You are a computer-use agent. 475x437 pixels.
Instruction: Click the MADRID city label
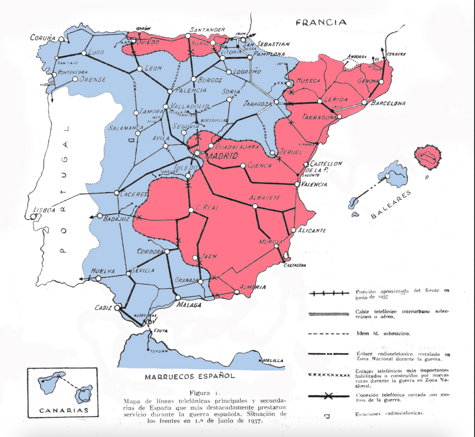pos(222,156)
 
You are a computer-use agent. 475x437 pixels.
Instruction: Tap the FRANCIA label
pos(321,23)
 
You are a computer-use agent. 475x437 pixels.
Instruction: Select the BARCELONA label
pos(388,103)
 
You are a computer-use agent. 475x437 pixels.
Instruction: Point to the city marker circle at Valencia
pos(298,184)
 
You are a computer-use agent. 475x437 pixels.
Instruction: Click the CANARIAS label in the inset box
pos(63,410)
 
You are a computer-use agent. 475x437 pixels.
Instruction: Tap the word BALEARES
pos(391,204)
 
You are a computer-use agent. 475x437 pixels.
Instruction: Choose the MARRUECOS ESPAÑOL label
pos(190,376)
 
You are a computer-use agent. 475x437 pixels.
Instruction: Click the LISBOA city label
pos(44,210)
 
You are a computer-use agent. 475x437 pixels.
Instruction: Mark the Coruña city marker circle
pos(61,39)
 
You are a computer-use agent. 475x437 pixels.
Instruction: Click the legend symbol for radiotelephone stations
pos(327,416)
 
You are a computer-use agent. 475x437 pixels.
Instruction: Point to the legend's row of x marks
pos(329,375)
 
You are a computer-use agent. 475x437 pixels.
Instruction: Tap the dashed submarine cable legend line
pos(329,334)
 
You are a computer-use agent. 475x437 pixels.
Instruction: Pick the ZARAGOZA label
pos(257,104)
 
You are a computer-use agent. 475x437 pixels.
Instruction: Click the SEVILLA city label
pos(143,270)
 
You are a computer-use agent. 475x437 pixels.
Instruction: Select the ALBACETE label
pos(264,198)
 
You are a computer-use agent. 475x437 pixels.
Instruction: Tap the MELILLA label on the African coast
pos(273,361)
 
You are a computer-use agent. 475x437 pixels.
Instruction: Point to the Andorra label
pos(357,57)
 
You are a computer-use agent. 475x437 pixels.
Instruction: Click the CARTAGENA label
pos(294,265)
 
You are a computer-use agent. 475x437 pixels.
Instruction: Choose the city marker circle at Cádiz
pos(117,307)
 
